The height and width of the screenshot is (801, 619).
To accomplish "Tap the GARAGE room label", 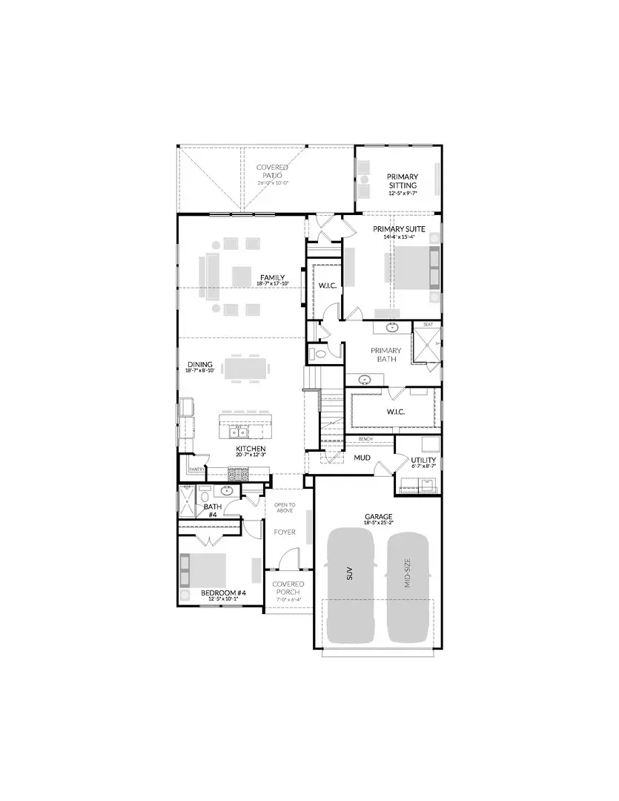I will click(378, 516).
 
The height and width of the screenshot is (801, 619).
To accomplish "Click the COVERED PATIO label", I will click(272, 171).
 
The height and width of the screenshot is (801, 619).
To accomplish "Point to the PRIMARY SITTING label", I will click(403, 181).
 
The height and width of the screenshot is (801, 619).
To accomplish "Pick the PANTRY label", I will click(196, 469).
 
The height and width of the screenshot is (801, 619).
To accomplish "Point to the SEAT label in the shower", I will click(428, 324).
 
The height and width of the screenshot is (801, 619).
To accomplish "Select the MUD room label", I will click(362, 458).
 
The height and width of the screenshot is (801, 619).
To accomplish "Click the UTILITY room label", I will click(423, 460).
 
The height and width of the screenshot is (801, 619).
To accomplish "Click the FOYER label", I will click(285, 532).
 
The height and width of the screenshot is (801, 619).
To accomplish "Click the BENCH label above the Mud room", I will click(365, 439).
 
